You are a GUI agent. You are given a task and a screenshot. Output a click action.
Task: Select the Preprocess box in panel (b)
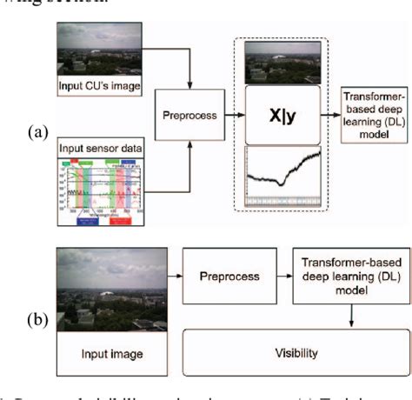[222, 276]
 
